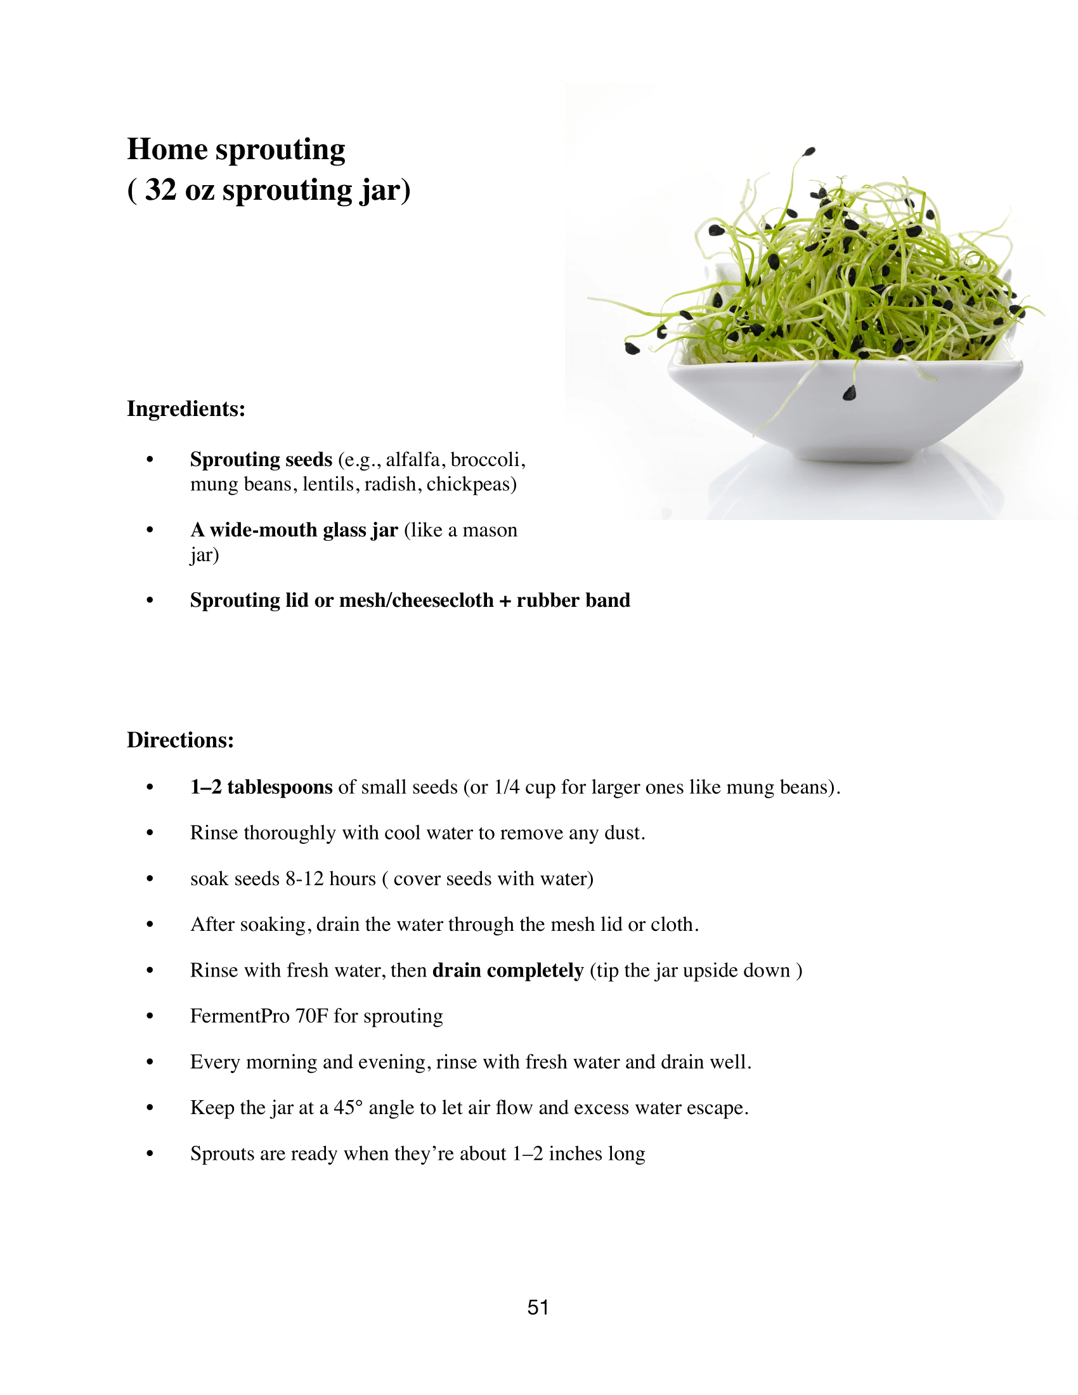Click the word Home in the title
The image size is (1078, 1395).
pos(167,150)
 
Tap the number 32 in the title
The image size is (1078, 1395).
pos(160,190)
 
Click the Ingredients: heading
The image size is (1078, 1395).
pos(186,409)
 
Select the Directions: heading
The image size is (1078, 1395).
pos(180,739)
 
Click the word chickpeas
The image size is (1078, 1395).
pos(471,484)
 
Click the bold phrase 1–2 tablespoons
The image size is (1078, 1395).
pos(261,787)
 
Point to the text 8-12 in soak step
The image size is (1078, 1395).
pos(304,879)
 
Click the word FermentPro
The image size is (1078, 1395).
pos(240,1016)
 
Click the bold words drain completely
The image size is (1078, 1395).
pos(508,970)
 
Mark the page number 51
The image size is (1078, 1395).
pos(538,1307)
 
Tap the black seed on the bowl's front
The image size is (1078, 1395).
pos(849,394)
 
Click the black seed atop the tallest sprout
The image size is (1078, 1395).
pos(809,152)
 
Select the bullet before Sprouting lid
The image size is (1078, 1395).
pos(150,600)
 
